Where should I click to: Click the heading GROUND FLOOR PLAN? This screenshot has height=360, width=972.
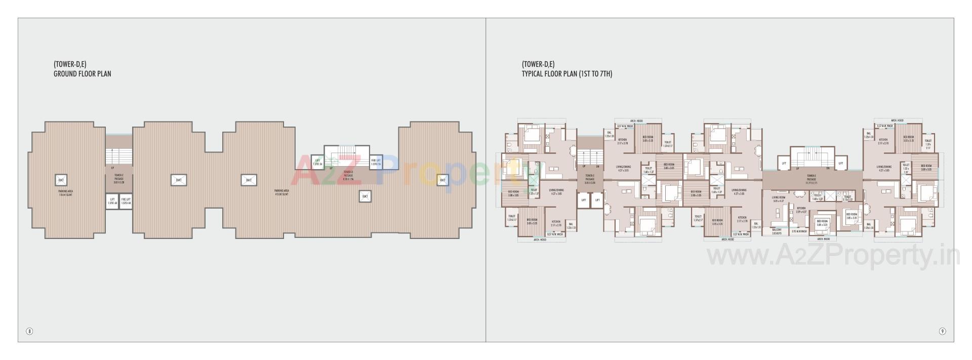tap(83, 74)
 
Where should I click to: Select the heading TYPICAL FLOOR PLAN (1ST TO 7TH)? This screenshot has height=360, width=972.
tap(567, 74)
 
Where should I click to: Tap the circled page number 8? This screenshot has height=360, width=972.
tap(29, 331)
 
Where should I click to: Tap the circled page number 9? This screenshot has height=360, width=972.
tap(942, 331)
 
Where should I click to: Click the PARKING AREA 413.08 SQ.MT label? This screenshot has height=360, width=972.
tap(281, 192)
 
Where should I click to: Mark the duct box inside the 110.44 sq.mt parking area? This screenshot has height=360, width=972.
tap(61, 180)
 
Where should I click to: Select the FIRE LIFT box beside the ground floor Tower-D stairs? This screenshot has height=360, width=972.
tap(376, 162)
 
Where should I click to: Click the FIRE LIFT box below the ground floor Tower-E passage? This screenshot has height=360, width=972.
tap(126, 201)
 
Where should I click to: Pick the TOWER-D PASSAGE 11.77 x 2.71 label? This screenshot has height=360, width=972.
tap(812, 178)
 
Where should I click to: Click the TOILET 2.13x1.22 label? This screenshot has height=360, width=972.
tap(847, 198)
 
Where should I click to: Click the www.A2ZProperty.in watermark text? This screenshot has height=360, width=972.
tap(833, 257)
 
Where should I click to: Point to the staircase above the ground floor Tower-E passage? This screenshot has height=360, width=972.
tap(118, 155)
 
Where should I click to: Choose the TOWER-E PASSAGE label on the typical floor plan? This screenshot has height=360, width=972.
tap(589, 180)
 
